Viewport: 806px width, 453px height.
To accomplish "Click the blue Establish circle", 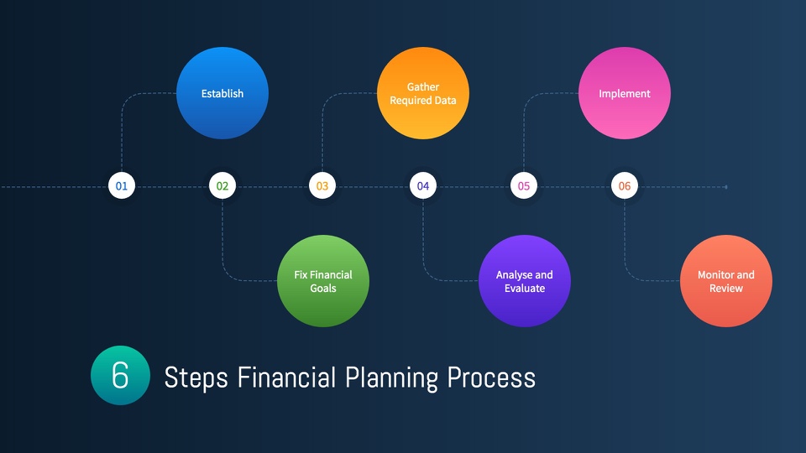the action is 222,93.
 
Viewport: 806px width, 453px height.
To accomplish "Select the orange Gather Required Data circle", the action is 423,93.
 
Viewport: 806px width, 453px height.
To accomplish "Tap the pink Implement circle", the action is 625,93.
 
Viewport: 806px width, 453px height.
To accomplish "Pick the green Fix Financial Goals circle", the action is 322,281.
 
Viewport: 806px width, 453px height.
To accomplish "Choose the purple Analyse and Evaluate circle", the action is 524,281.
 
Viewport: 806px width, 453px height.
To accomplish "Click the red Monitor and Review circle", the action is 725,281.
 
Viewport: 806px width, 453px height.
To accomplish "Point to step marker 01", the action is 121,186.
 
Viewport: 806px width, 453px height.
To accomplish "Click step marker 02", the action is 222,186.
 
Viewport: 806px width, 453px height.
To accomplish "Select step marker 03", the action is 322,186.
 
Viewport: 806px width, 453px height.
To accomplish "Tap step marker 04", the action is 423,186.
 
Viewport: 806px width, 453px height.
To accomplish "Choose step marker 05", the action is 524,186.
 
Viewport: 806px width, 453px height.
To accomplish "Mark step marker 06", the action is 625,186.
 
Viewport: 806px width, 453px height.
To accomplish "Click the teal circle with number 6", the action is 120,376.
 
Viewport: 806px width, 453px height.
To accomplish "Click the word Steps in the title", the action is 196,378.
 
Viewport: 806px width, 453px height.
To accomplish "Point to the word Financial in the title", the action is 286,377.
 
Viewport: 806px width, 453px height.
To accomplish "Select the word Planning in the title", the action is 392,379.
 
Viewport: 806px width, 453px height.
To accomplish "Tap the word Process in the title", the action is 491,377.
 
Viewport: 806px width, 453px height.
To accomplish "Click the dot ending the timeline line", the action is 725,187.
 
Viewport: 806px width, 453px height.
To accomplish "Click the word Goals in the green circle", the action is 322,288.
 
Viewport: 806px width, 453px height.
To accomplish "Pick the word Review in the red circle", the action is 725,288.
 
